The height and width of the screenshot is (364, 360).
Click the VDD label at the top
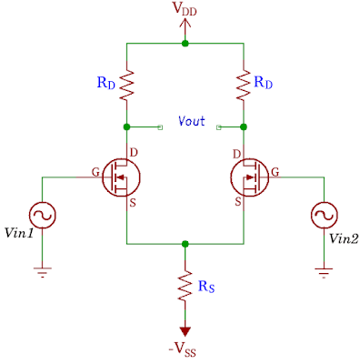click(186, 11)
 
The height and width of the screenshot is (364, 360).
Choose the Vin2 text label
click(344, 240)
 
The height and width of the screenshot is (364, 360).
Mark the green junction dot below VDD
click(185, 43)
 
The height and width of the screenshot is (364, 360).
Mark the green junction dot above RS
click(185, 244)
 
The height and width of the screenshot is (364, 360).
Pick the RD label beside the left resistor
click(106, 83)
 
